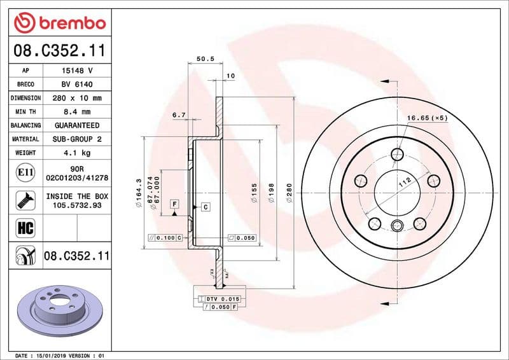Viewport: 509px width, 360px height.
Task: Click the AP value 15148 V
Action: pyautogui.click(x=78, y=71)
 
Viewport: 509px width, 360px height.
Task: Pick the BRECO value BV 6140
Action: pyautogui.click(x=78, y=85)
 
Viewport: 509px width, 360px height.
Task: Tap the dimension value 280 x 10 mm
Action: pyautogui.click(x=78, y=99)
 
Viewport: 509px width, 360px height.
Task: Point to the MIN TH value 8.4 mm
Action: pyautogui.click(x=78, y=112)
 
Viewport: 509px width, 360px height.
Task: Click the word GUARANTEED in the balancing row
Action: pyautogui.click(x=78, y=125)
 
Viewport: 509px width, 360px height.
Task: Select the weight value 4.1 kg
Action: pyautogui.click(x=78, y=153)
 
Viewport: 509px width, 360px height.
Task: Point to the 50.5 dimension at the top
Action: pyautogui.click(x=204, y=59)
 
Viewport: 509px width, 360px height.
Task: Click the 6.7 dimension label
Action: pyautogui.click(x=179, y=115)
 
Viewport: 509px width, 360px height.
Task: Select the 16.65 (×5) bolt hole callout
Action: pyautogui.click(x=428, y=118)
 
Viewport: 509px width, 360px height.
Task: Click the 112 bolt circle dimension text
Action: pyautogui.click(x=403, y=183)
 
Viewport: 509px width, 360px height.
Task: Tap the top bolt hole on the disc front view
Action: pyautogui.click(x=398, y=154)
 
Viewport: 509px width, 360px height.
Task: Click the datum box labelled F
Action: pyautogui.click(x=174, y=204)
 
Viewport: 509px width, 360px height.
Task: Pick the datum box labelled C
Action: pyautogui.click(x=206, y=207)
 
